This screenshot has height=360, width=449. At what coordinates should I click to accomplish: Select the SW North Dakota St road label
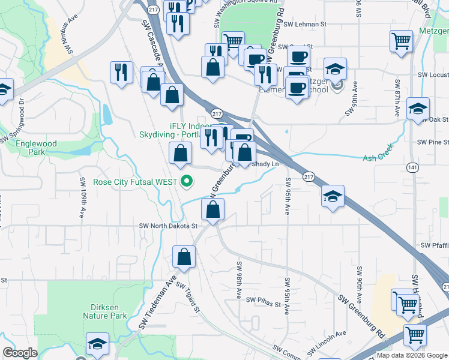tap(168, 226)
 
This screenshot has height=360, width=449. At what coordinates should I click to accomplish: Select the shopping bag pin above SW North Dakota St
tap(212, 210)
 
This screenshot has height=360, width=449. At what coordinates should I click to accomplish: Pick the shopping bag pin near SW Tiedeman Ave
tap(184, 257)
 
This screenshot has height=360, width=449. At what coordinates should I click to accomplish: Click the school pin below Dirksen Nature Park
tap(96, 343)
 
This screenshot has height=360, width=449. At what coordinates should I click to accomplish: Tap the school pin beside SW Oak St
tap(417, 109)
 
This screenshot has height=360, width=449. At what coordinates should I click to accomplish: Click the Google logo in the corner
tap(20, 353)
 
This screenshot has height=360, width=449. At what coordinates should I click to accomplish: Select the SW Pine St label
tap(433, 142)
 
